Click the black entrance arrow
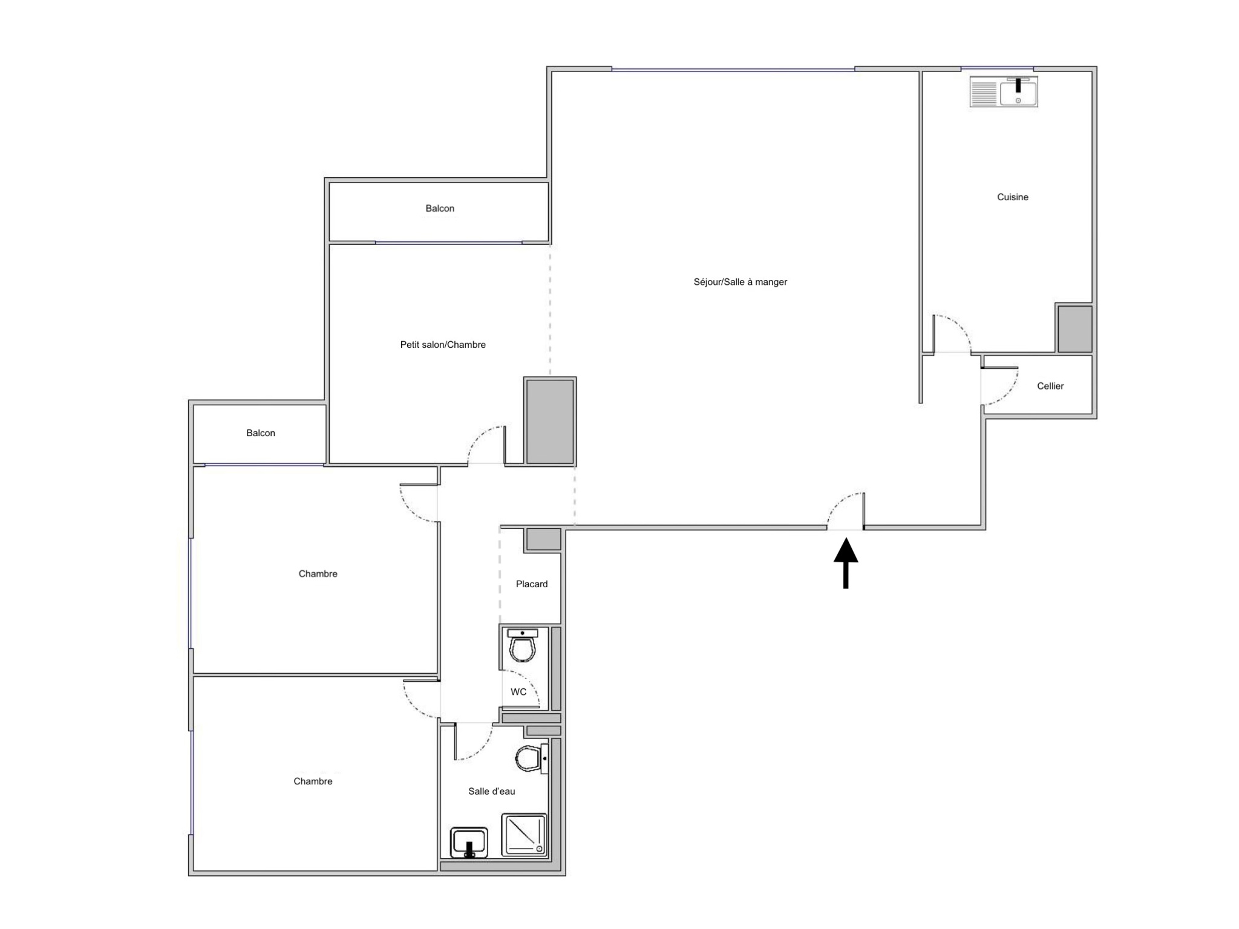(x=846, y=563)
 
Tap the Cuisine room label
(x=1013, y=197)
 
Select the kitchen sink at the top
(x=1004, y=92)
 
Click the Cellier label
(x=1050, y=386)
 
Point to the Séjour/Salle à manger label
(x=740, y=282)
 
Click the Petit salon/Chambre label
(x=443, y=345)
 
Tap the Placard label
(x=532, y=584)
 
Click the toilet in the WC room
(x=523, y=645)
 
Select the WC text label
(x=518, y=692)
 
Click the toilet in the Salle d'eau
(x=531, y=758)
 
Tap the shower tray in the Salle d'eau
(x=524, y=835)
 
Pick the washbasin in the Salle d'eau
(x=469, y=843)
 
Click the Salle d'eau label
(x=492, y=791)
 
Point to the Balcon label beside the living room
(x=440, y=209)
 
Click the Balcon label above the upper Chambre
(x=261, y=433)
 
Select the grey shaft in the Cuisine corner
(x=1074, y=328)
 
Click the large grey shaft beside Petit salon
(x=550, y=421)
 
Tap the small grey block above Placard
(x=543, y=539)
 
